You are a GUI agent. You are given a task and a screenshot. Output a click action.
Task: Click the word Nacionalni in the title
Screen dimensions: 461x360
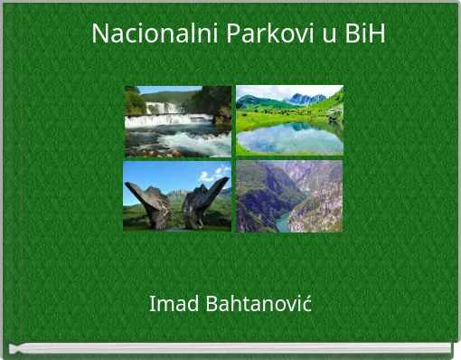[155, 33]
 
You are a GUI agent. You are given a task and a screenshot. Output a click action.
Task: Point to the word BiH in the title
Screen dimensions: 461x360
[365, 33]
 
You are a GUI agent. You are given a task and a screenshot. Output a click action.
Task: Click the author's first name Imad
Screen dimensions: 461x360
[174, 303]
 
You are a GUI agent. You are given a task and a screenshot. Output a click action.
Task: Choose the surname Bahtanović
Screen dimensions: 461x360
[259, 303]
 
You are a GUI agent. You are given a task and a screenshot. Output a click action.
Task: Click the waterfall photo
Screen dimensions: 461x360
[178, 121]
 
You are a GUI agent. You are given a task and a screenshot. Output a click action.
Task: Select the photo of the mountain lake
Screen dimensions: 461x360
[289, 120]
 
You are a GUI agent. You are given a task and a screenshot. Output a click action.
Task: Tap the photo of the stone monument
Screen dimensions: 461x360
[177, 196]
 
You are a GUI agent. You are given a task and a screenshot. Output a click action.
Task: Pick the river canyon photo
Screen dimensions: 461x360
[289, 196]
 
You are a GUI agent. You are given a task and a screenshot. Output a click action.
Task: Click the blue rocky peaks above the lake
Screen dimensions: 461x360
[306, 99]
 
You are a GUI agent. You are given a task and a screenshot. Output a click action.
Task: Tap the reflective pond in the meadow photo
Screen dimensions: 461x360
[289, 138]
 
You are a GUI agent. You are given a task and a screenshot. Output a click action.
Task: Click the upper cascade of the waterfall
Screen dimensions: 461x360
[165, 108]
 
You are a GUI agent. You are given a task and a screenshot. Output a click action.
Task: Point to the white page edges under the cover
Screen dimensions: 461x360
[230, 347]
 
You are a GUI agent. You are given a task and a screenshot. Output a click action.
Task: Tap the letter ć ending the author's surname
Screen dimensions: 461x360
[307, 304]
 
